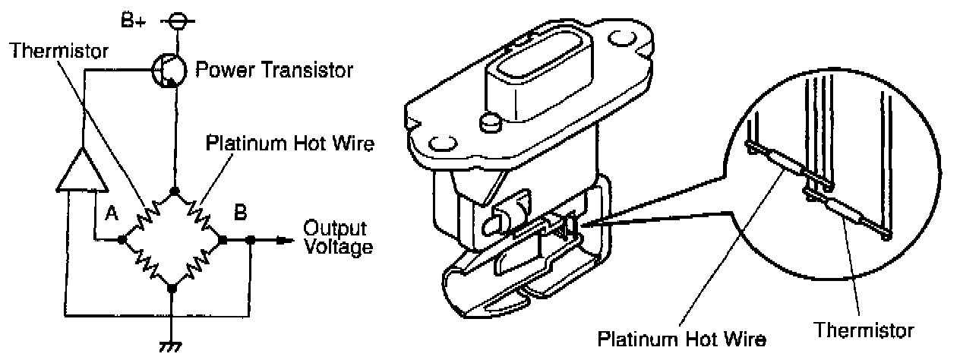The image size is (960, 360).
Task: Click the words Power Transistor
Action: click(x=274, y=71)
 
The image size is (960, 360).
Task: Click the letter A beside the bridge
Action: click(x=111, y=215)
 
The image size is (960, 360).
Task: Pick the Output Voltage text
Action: click(x=338, y=237)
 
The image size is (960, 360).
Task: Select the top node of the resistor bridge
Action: click(x=174, y=191)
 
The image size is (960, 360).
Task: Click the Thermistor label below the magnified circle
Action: click(x=864, y=332)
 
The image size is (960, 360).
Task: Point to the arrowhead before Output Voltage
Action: click(x=283, y=240)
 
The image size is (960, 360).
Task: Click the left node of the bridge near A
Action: click(x=123, y=240)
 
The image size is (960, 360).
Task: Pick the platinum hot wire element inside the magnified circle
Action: click(x=784, y=165)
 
